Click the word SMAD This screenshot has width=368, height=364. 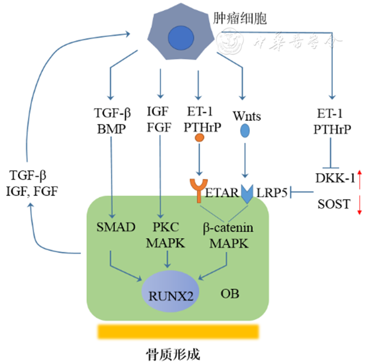(x=115, y=227)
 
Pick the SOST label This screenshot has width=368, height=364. (x=332, y=204)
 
